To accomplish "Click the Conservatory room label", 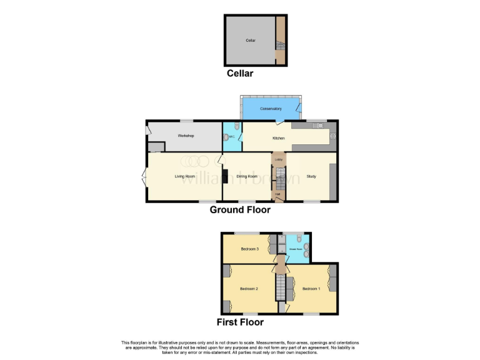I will [271, 109].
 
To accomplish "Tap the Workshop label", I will [186, 136].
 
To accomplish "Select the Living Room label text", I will [185, 176].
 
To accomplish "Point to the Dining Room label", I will [247, 176].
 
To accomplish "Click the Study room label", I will [311, 176].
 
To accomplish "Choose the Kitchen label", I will [279, 138].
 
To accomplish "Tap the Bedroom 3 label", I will [249, 249].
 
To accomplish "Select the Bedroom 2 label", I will [249, 289].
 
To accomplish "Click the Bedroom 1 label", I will [311, 289].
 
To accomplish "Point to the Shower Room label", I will [295, 249].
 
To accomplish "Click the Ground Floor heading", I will [240, 210].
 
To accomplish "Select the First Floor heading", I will [240, 322].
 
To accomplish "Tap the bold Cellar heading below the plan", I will [240, 74].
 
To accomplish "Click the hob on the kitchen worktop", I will [332, 136].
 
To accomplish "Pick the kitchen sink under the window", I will [319, 125].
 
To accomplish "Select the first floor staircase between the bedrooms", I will [281, 289].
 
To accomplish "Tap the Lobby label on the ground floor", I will [278, 160].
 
